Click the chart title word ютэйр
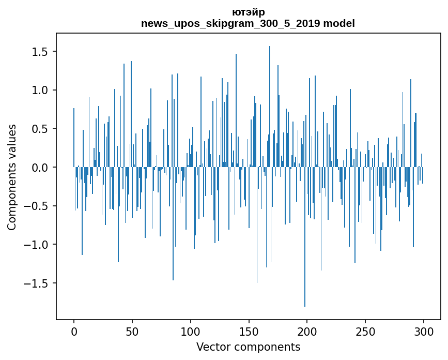248,12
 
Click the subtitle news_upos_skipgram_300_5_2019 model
248,23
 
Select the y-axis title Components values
12,177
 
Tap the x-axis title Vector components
248,347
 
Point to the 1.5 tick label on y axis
40,52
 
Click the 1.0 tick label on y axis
40,90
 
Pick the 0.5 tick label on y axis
40,129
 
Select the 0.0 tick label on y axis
40,168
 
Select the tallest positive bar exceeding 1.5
270,103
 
